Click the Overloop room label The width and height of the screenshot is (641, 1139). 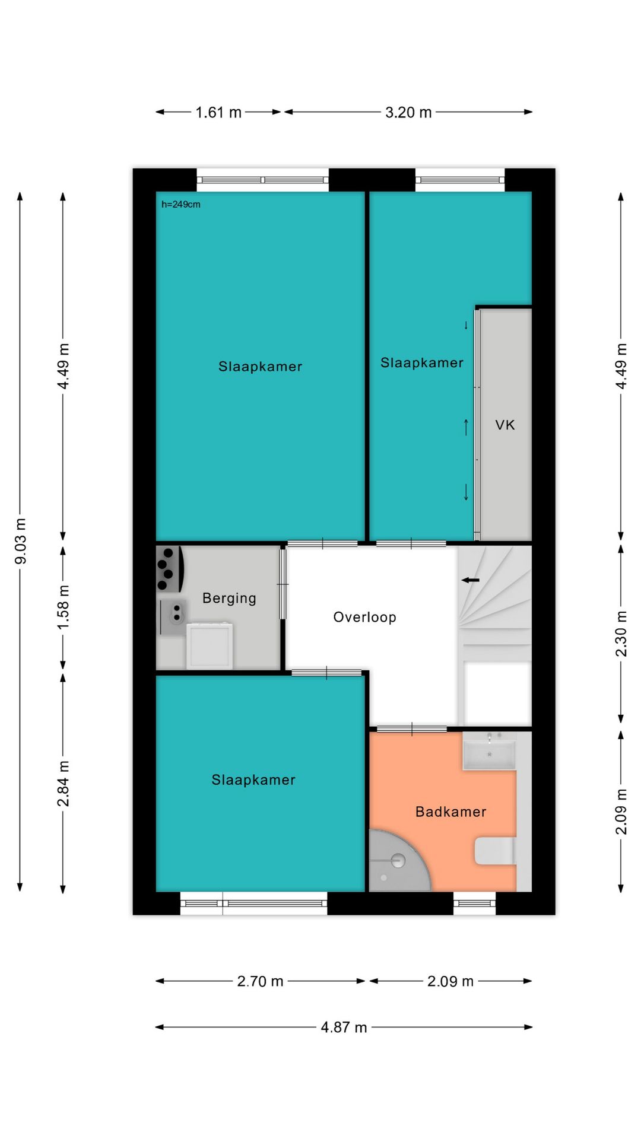pos(364,617)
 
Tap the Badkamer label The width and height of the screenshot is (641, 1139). pos(450,812)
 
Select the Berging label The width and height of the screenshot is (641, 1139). pos(229,598)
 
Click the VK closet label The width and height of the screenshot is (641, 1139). pos(505,425)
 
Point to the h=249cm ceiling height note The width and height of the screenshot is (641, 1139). pos(181,204)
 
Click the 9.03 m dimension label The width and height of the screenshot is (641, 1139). pos(20,541)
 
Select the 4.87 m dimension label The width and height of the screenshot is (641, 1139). pos(344,1027)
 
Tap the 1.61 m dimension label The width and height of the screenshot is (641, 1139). pos(218,112)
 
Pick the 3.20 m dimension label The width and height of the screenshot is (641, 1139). pos(408,112)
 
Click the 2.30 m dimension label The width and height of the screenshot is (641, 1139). pos(621,634)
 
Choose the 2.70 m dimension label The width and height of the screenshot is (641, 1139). pos(260,981)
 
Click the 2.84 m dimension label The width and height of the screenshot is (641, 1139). pos(63,784)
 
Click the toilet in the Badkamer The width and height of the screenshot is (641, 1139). pos(495,851)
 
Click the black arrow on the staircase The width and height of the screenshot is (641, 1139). pos(470,580)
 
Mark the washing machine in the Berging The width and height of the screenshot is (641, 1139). pos(210,645)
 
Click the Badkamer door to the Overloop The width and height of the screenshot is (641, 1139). pos(412,728)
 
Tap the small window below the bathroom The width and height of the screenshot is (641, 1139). pos(475,903)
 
